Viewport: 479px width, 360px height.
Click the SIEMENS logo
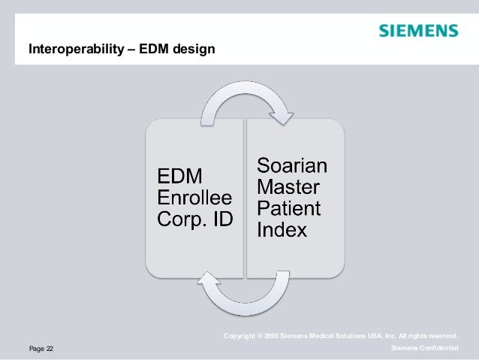pyautogui.click(x=417, y=31)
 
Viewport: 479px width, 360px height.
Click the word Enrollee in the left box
pyautogui.click(x=194, y=199)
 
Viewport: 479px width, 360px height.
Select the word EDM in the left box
pyautogui.click(x=179, y=178)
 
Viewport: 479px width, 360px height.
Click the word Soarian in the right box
pyautogui.click(x=293, y=163)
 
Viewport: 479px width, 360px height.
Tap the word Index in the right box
pyautogui.click(x=282, y=228)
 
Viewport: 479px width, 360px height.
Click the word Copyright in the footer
pyautogui.click(x=239, y=335)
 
